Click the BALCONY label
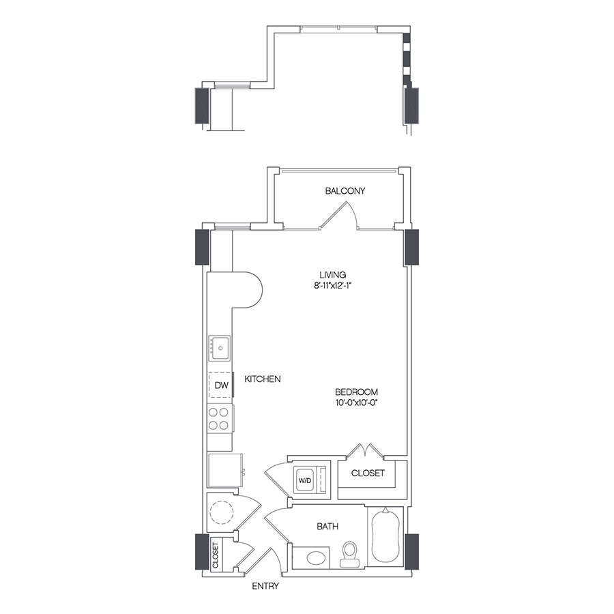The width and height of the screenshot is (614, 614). [x=345, y=191]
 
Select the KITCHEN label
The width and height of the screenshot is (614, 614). [x=263, y=379]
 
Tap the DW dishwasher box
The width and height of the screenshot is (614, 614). [x=220, y=385]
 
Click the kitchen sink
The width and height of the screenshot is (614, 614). [x=220, y=349]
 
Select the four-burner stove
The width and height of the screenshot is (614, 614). [x=219, y=418]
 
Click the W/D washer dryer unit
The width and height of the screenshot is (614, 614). [x=304, y=480]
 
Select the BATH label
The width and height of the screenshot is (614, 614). [x=327, y=527]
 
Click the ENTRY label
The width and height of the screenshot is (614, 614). [x=265, y=586]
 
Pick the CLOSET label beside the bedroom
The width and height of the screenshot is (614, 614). [x=368, y=473]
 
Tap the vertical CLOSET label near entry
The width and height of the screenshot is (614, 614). [x=216, y=555]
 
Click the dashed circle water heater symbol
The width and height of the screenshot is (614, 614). [x=222, y=512]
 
